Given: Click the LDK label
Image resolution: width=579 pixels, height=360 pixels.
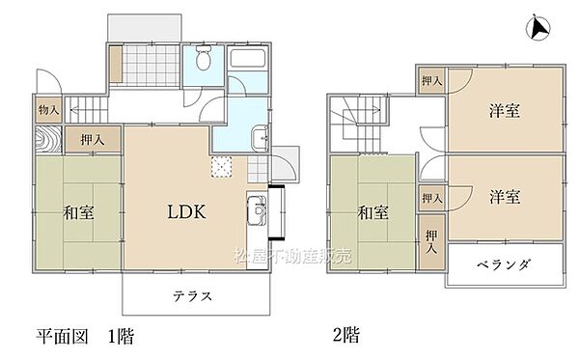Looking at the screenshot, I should pyautogui.click(x=180, y=210).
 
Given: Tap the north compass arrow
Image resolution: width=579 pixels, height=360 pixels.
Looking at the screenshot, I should pyautogui.click(x=538, y=29).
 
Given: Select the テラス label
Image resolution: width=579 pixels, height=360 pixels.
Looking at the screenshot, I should pyautogui.click(x=193, y=295).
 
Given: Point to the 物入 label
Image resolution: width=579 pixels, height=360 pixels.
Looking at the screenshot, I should pyautogui.click(x=48, y=111).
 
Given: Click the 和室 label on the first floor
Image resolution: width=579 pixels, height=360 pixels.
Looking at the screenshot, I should pyautogui.click(x=81, y=211).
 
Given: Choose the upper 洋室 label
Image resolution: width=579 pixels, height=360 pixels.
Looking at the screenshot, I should pyautogui.click(x=504, y=111).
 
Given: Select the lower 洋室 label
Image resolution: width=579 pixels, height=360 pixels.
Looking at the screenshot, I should pyautogui.click(x=504, y=197).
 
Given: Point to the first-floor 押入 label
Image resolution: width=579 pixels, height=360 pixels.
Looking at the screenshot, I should pyautogui.click(x=93, y=140).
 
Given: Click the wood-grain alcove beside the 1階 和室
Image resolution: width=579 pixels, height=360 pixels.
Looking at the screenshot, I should pyautogui.click(x=49, y=141).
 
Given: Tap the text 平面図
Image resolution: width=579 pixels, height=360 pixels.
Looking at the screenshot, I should pyautogui.click(x=66, y=336).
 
